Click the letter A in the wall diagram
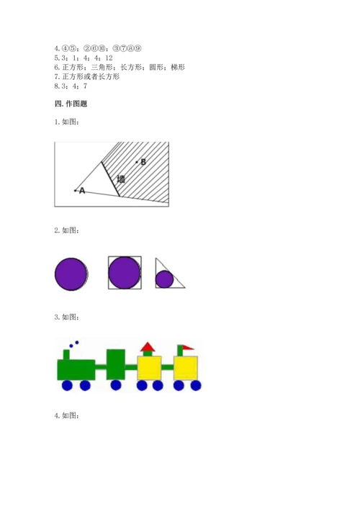point(82,191)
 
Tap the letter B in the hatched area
point(143,162)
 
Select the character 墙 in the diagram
point(121,179)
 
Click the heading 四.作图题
point(71,104)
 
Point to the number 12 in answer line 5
point(109,58)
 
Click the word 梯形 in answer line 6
point(178,67)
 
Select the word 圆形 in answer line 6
point(156,67)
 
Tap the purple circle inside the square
point(125,273)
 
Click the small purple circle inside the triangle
point(165,279)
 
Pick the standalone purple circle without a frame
point(71,274)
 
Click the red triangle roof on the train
point(148,347)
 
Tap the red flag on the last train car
point(188,348)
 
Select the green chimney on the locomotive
point(66,355)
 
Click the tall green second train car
point(116,364)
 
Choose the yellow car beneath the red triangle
point(149,368)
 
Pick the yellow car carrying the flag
point(186,368)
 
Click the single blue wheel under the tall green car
point(116,385)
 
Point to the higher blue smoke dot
point(77,343)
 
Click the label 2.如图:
point(66,230)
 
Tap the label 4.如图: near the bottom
point(66,415)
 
